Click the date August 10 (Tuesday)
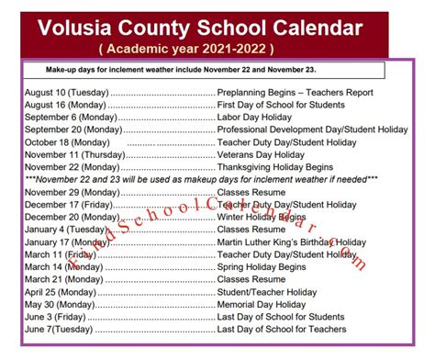click(x=67, y=93)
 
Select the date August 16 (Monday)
click(x=65, y=106)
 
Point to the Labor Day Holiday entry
click(x=260, y=118)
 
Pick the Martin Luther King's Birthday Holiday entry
click(x=291, y=242)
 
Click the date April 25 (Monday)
click(x=61, y=291)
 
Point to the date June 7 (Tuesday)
click(x=60, y=329)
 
